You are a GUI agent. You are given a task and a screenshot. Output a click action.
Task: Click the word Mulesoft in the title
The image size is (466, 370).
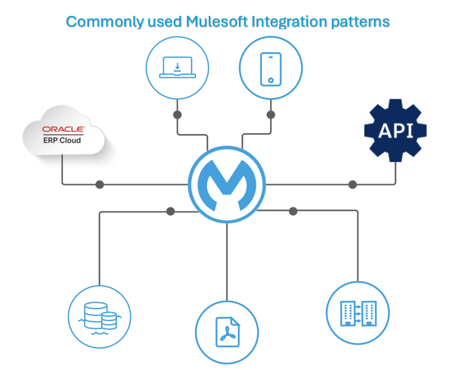pos(217,22)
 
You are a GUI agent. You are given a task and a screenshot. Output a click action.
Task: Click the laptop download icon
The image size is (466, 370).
pos(177,68)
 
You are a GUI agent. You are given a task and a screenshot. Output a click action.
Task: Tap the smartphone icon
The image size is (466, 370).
pos(271,69)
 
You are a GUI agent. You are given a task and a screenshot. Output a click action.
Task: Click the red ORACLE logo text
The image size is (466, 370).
pos(63,129)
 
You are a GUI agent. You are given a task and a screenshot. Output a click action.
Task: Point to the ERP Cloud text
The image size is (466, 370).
pos(62,140)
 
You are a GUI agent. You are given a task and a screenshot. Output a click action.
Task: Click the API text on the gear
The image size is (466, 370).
pos(396,131)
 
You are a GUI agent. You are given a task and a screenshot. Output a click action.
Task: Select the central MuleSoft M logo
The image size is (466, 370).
pos(227,185)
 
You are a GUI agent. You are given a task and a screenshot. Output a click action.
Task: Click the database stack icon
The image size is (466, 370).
pos(99,318)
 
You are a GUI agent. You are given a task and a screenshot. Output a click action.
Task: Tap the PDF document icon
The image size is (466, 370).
pos(227,332)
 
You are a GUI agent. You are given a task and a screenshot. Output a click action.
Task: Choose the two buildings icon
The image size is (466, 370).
pos(358,314)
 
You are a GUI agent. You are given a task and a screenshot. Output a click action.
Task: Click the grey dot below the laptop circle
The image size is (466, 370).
pos(177,115)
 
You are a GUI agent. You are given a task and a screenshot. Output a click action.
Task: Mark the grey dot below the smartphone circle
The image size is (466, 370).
pos(271,115)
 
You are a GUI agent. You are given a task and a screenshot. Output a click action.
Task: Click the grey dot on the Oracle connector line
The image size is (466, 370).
pos(99,184)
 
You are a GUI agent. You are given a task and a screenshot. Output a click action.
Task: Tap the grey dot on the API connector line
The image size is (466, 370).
pos(353,184)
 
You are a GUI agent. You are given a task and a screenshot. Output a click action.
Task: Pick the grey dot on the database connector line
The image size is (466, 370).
pos(171,211)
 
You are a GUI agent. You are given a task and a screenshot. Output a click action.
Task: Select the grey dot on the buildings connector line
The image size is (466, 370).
pos(293,211)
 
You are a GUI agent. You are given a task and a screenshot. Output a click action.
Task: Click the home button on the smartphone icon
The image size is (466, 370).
pos(271,80)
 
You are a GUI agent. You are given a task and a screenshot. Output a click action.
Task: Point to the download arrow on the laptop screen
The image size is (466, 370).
pos(177,67)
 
